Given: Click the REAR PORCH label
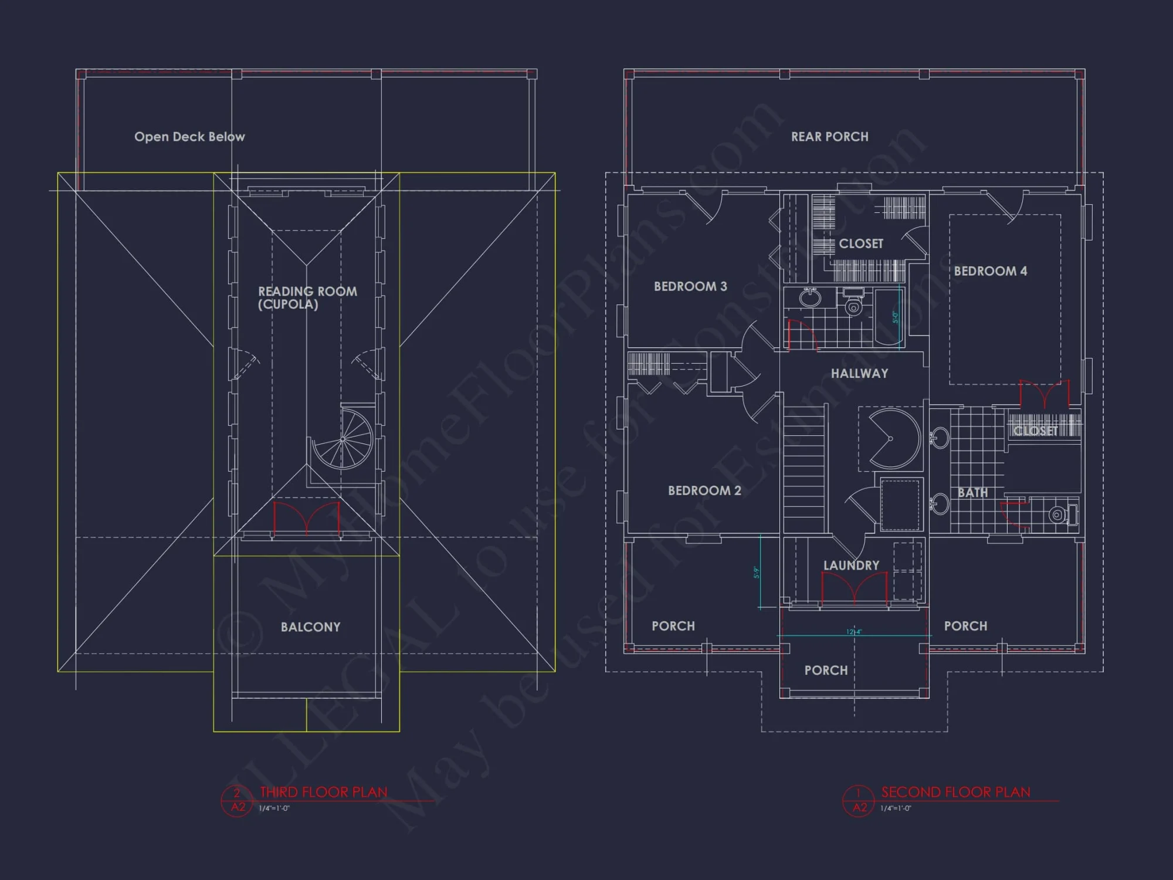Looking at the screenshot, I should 829,137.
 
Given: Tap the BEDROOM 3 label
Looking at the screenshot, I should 690,286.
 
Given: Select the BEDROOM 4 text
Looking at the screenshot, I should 990,271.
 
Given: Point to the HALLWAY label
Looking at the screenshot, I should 859,373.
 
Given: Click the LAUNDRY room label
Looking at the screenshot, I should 851,565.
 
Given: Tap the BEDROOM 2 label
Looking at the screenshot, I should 704,490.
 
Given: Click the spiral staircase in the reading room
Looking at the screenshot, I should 343,439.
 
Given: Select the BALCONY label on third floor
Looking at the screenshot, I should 310,627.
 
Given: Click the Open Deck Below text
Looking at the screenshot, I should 189,137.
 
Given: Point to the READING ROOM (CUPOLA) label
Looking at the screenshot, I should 307,297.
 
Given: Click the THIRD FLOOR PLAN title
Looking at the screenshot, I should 323,792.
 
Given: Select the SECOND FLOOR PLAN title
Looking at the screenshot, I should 955,792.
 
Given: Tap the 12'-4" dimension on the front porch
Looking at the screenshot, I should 854,632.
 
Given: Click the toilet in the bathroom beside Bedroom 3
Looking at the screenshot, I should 854,304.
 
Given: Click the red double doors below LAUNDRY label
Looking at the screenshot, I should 854,588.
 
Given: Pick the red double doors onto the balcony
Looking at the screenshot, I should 307,517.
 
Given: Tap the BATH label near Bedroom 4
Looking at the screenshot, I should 972,493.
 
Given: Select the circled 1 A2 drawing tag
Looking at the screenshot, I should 859,801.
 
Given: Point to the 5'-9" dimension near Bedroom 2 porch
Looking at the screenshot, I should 756,573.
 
